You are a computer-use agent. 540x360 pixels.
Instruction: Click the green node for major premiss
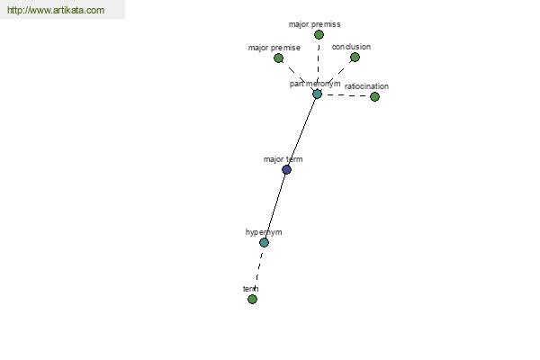click(x=319, y=34)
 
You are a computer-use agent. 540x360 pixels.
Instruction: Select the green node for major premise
click(x=278, y=58)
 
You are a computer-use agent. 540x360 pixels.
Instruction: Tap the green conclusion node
click(x=355, y=58)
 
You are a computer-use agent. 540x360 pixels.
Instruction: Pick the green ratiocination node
click(x=374, y=97)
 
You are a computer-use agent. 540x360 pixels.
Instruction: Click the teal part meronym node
click(x=317, y=94)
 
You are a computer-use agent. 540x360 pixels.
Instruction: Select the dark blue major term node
click(x=286, y=169)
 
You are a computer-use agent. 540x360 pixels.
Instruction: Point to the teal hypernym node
click(x=264, y=242)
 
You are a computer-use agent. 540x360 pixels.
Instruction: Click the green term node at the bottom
click(x=252, y=299)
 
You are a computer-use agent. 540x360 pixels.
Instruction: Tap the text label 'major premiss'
click(x=314, y=24)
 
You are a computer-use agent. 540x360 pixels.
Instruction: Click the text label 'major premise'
click(x=274, y=48)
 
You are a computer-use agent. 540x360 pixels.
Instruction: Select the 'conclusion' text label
click(x=351, y=47)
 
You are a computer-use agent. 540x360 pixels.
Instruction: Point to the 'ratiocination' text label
click(x=366, y=86)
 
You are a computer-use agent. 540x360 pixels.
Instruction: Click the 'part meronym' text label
click(x=315, y=84)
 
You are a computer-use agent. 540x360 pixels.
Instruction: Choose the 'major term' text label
click(x=283, y=159)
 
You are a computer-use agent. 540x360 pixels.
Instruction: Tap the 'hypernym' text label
click(x=264, y=232)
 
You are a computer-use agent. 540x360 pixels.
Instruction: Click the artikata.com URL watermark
click(x=56, y=10)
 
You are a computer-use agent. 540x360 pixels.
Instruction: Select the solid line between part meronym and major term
click(x=301, y=131)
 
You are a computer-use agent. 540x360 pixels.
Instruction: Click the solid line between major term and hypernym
click(x=275, y=206)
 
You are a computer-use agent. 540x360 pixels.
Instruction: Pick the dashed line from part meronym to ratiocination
click(x=346, y=95)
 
